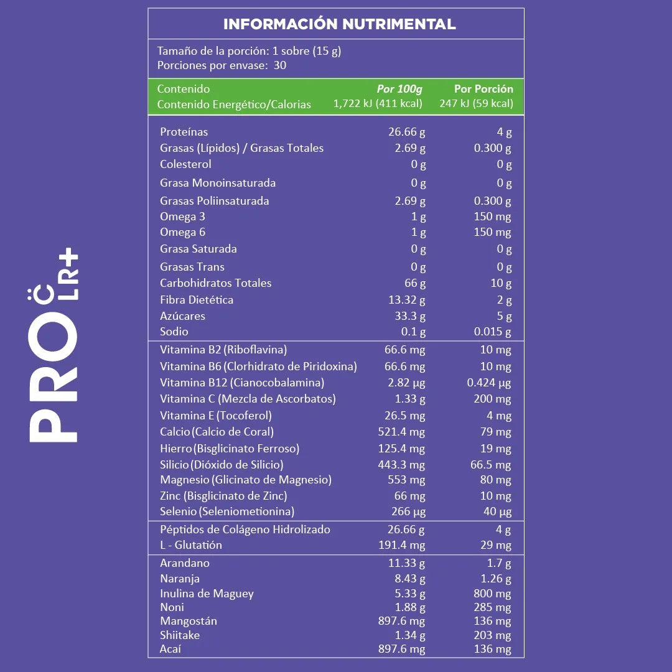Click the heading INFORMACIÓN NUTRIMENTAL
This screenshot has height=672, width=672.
pos(339,24)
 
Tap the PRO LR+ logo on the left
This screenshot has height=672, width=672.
pos(54,345)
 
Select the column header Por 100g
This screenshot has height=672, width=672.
pos(399,89)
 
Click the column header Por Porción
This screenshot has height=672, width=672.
pos(483,89)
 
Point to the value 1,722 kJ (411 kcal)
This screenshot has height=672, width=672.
pos(378,104)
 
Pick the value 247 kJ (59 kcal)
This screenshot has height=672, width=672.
pos(476,104)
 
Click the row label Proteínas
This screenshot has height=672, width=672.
pos(184,132)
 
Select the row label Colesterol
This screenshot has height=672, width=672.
pos(185,164)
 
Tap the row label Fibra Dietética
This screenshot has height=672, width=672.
pos(197,300)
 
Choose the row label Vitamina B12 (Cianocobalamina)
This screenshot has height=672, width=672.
pos(242,383)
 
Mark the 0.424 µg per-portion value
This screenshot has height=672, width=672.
pos(489,383)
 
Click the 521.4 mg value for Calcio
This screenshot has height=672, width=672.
pos(401,432)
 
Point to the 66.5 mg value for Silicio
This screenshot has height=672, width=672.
pos(490,465)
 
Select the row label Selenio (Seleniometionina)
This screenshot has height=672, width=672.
pos(227,512)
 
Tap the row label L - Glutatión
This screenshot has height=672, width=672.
pos(191,545)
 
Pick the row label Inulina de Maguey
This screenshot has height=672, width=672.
pos(207,594)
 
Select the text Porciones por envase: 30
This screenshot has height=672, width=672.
pos(222,65)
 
